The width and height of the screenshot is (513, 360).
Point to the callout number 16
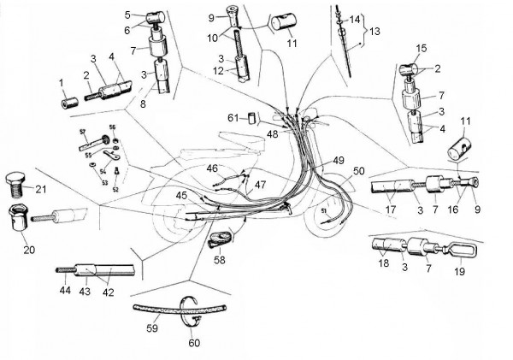pyautogui.click(x=453, y=208)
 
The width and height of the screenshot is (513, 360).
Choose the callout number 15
pyautogui.click(x=421, y=47)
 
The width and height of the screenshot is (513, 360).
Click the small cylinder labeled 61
pyautogui.click(x=253, y=116)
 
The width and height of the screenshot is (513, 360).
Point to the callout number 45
pyautogui.click(x=181, y=196)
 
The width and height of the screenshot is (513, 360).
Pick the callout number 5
pyautogui.click(x=127, y=15)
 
